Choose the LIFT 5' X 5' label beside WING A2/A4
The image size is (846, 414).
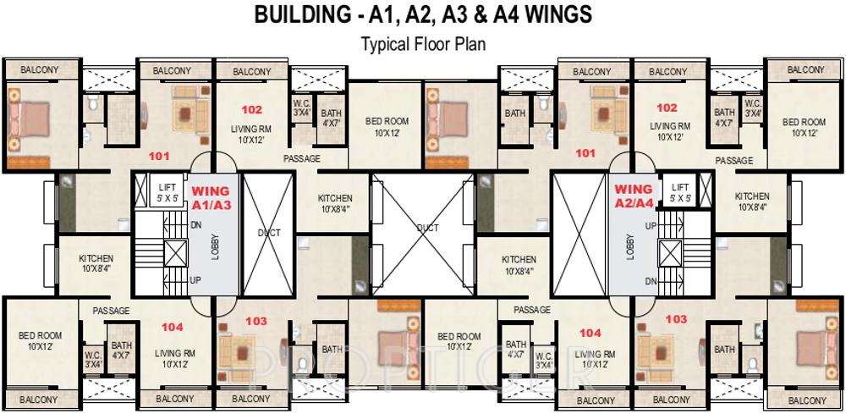pyautogui.click(x=680, y=191)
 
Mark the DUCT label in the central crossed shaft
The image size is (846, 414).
pyautogui.click(x=428, y=228)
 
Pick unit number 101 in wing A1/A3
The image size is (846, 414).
pyautogui.click(x=159, y=156)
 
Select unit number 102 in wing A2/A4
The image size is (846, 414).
pyautogui.click(x=667, y=108)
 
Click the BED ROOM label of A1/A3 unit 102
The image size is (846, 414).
pyautogui.click(x=387, y=126)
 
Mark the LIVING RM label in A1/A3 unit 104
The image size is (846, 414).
pyautogui.click(x=175, y=358)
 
